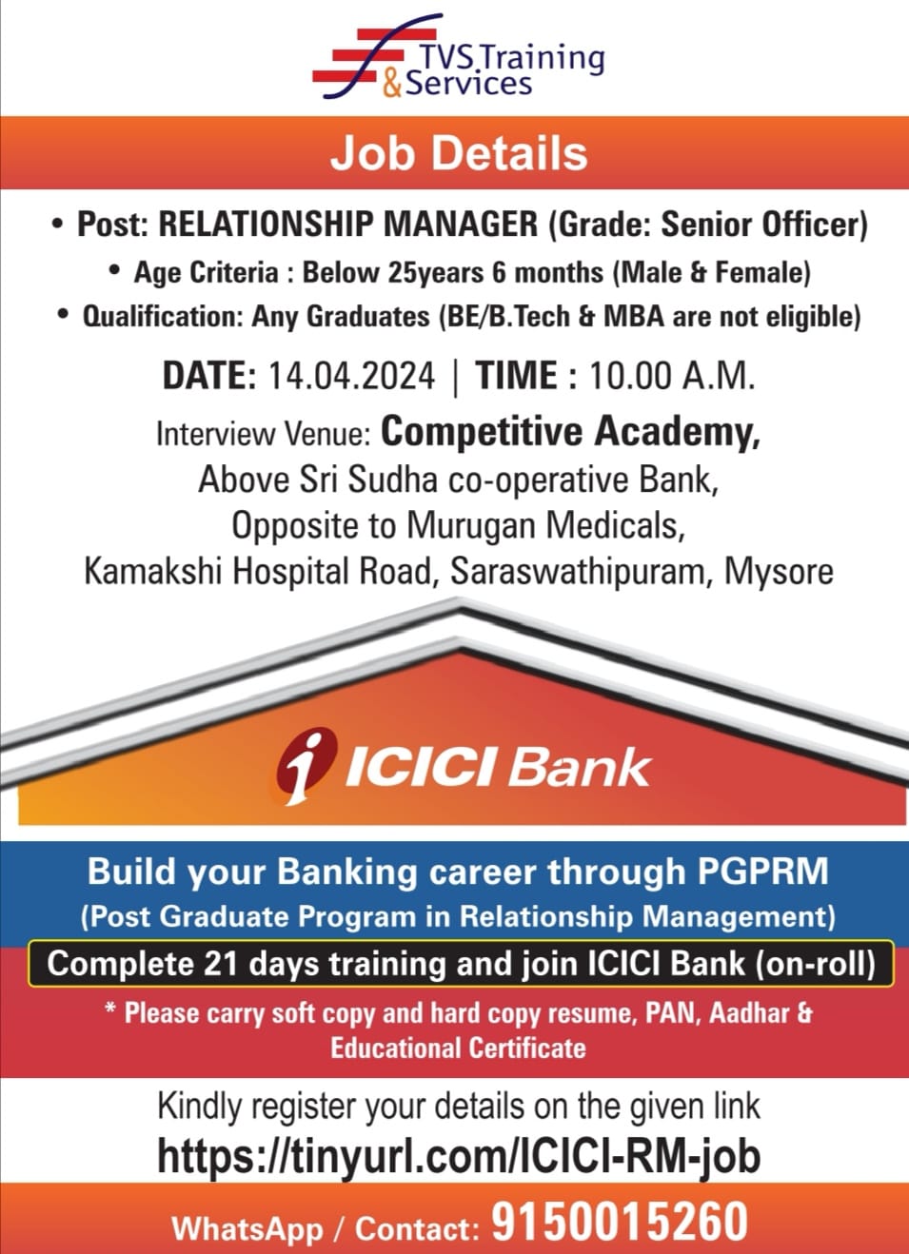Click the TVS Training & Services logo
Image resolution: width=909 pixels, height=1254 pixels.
tap(458, 56)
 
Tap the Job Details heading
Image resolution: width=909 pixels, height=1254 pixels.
tap(459, 153)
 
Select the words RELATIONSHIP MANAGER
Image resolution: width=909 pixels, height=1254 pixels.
tap(348, 225)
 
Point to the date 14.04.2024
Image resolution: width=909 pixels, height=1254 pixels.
tap(352, 375)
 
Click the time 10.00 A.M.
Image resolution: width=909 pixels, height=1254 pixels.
tap(672, 375)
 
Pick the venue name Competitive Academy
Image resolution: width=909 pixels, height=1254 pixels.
tap(571, 432)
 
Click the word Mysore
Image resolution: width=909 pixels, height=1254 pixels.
tap(779, 572)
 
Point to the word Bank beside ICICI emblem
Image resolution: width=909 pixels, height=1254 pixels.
tap(580, 768)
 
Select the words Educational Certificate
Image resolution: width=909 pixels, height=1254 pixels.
tap(458, 1048)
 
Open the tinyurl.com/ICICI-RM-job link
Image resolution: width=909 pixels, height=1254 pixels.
tap(459, 1157)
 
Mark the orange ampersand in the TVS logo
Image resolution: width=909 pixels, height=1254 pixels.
tap(392, 85)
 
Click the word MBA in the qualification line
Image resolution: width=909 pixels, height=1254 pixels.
tap(633, 317)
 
